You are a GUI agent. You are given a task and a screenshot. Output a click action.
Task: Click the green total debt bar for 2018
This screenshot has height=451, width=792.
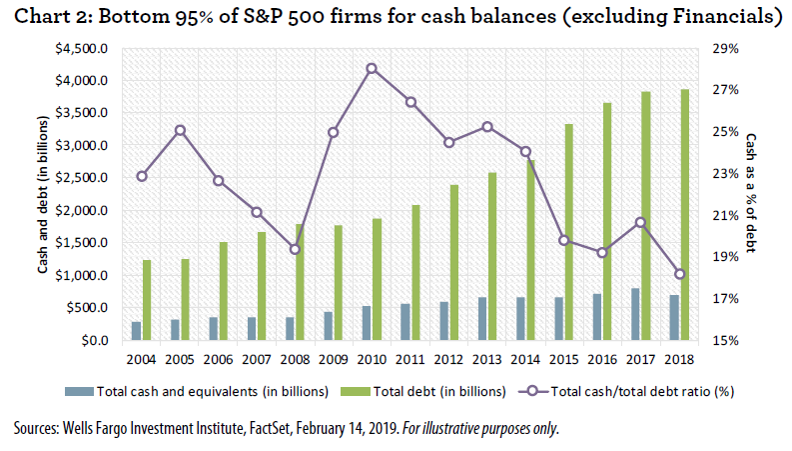[x=684, y=215]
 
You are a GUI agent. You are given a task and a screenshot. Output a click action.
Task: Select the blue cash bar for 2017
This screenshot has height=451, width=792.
[x=635, y=315]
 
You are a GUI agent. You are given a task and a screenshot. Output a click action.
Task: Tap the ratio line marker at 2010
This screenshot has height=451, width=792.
[x=371, y=69]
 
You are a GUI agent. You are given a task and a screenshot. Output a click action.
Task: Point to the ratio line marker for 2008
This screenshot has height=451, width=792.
[x=295, y=249]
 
